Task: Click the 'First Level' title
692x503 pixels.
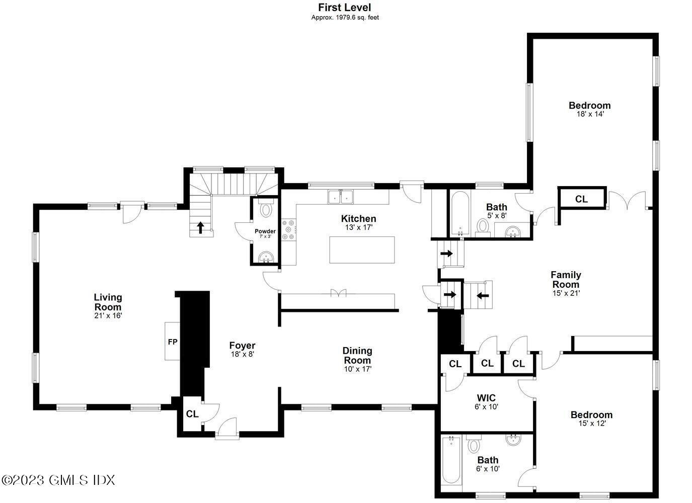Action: pyautogui.click(x=345, y=8)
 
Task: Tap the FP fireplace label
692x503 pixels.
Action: pyautogui.click(x=173, y=342)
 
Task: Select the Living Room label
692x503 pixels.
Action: pyautogui.click(x=108, y=302)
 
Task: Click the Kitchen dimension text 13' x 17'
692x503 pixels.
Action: pyautogui.click(x=359, y=227)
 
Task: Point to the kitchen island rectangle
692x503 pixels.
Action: pyautogui.click(x=362, y=249)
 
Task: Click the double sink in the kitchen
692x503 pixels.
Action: pyautogui.click(x=341, y=197)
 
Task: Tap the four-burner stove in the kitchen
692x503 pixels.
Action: pyautogui.click(x=288, y=229)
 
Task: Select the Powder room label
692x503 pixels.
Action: pyautogui.click(x=265, y=231)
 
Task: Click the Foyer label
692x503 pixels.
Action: pyautogui.click(x=242, y=346)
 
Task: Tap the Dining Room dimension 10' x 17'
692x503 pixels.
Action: pyautogui.click(x=357, y=369)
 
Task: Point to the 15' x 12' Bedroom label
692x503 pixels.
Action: pyautogui.click(x=591, y=415)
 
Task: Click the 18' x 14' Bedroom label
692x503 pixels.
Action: pyautogui.click(x=589, y=106)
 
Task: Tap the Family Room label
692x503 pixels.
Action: pyautogui.click(x=566, y=280)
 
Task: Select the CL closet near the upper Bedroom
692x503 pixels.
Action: pyautogui.click(x=581, y=199)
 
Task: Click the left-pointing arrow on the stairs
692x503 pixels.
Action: pyautogui.click(x=482, y=295)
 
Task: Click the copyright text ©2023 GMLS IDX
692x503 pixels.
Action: pyautogui.click(x=58, y=480)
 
